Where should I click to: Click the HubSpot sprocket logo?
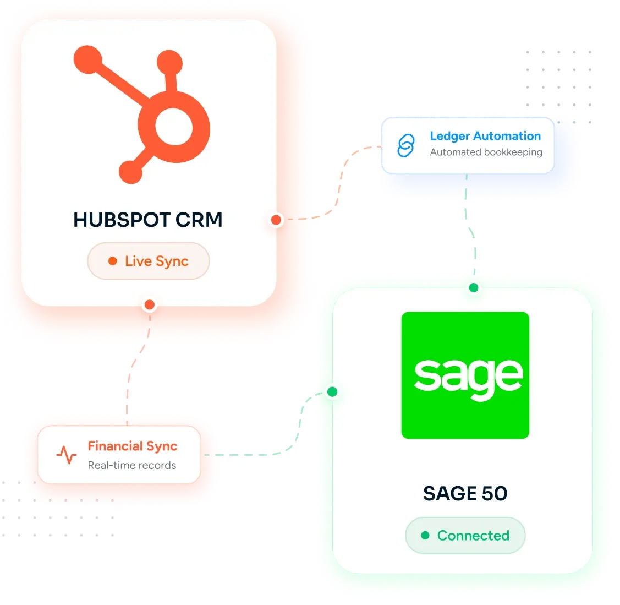coord(142,115)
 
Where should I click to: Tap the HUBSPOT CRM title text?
coord(148,220)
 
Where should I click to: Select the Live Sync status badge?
coord(149,261)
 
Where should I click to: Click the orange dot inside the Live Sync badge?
coord(113,261)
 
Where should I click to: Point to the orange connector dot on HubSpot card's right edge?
coord(276,220)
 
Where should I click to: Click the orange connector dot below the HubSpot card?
coord(150,304)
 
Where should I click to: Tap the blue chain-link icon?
coord(406,146)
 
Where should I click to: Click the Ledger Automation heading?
coord(485,136)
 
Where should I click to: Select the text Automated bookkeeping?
coord(486,152)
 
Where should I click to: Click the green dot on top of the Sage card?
coord(474,288)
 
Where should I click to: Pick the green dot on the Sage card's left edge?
coord(332,392)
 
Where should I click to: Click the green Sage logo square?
coord(465,375)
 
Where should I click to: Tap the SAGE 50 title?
coord(465,493)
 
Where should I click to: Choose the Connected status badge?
coord(465,535)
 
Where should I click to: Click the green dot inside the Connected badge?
coord(425,535)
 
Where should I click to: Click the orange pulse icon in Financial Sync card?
coord(67,455)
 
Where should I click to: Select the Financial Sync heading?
coord(133,446)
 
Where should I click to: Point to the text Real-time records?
coord(132,465)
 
